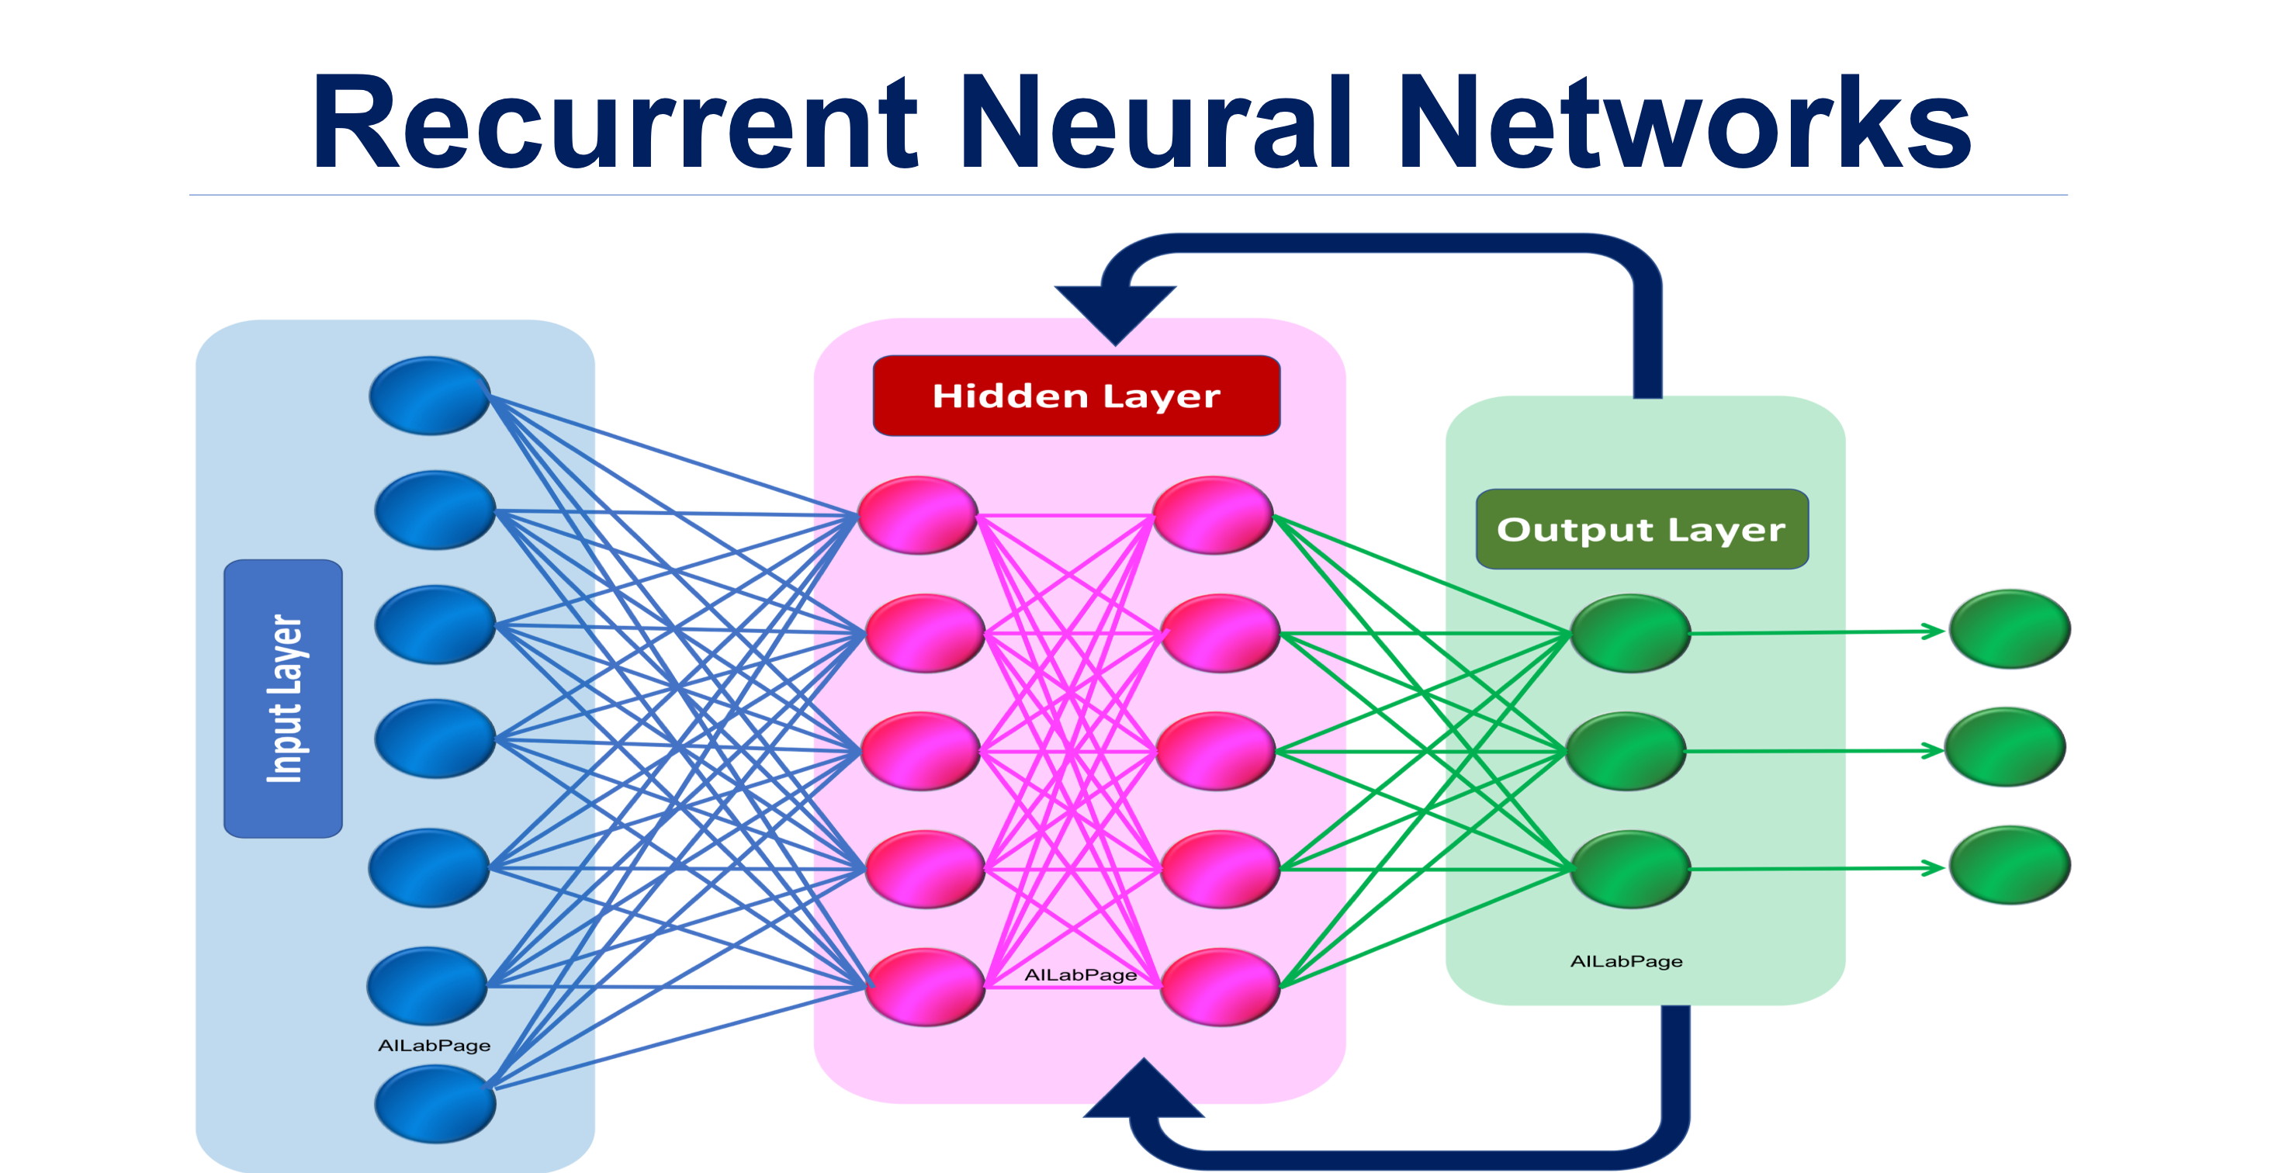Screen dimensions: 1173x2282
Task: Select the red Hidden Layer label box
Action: [1075, 396]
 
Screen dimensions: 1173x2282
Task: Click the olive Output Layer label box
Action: [1642, 530]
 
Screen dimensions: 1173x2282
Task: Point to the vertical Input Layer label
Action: [283, 698]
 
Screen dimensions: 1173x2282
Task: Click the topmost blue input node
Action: [430, 396]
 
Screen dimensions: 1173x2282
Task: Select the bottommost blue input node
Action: [434, 1104]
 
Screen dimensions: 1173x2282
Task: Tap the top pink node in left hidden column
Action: [918, 514]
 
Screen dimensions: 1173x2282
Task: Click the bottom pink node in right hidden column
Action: [1220, 987]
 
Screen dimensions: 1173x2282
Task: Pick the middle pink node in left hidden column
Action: [920, 750]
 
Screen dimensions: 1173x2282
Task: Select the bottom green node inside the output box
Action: [1630, 869]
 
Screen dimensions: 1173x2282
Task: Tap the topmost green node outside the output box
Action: [2009, 629]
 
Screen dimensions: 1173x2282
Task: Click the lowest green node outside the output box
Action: [2009, 865]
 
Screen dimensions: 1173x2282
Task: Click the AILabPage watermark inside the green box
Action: [1626, 961]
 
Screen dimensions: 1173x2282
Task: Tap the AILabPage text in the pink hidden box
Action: [1080, 974]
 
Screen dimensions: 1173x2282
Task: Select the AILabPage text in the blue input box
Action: [434, 1046]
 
